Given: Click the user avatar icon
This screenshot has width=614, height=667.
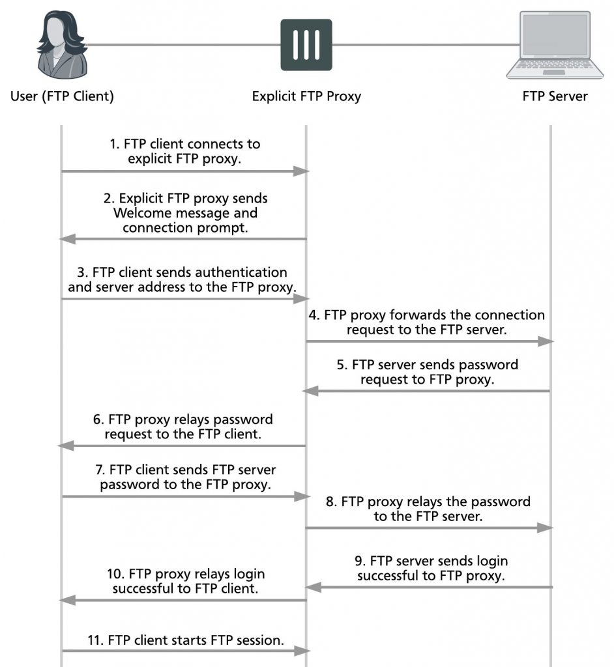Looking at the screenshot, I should click(x=61, y=45).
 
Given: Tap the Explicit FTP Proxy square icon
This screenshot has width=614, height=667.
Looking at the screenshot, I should click(x=306, y=45).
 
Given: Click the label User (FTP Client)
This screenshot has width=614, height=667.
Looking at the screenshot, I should click(x=62, y=96).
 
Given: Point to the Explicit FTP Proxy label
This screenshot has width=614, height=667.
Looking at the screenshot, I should click(x=306, y=96).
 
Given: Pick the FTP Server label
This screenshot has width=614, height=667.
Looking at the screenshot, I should click(x=555, y=96).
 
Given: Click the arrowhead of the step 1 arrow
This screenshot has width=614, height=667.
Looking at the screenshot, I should click(x=301, y=171).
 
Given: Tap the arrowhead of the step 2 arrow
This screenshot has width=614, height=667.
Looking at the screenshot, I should click(x=67, y=239).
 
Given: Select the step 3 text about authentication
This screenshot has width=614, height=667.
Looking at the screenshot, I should click(x=178, y=279).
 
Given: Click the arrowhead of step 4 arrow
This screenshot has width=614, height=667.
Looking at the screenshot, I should click(x=546, y=341).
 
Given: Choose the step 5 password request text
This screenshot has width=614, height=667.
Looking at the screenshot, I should click(x=427, y=372).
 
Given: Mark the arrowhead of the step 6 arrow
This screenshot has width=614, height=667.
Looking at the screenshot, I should click(x=66, y=446).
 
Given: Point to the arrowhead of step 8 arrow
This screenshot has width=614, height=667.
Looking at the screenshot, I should click(x=546, y=528).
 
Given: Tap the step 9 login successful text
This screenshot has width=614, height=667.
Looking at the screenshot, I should click(x=432, y=568).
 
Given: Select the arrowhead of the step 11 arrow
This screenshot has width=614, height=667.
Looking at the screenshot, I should click(x=301, y=650).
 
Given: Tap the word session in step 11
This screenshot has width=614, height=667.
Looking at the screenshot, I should click(x=259, y=640).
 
